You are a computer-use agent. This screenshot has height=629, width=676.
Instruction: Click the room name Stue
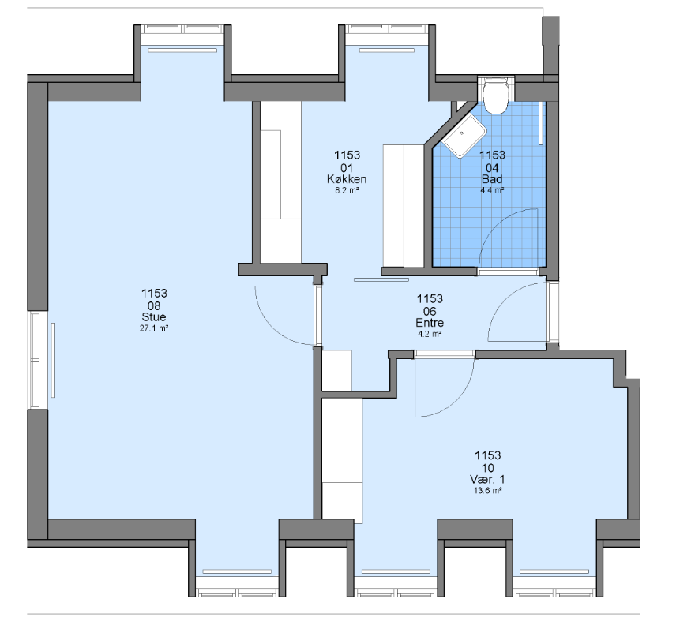pos(154,317)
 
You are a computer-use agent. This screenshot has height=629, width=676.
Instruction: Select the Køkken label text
pos(347,179)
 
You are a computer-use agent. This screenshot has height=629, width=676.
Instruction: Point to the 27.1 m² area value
pos(154,328)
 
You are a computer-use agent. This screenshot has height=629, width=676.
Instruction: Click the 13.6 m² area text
pos(487,491)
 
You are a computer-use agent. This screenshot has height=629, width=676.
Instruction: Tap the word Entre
pos(430,323)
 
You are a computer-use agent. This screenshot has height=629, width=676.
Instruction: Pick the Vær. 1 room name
pos(487,480)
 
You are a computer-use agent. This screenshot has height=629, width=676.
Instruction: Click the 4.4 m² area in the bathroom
pos(492,190)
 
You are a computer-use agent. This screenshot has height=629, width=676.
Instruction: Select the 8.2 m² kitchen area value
pos(347,190)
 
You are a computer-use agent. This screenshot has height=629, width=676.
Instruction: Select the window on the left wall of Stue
pos(36,360)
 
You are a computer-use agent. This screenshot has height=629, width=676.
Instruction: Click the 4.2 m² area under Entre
pos(430,334)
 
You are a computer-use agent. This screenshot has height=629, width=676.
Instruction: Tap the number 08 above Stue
pos(154,306)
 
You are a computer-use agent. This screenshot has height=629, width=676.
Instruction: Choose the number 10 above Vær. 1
pos(487,468)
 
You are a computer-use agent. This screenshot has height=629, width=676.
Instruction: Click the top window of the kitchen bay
pos(387,29)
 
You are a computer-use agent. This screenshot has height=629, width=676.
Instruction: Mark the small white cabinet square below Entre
pos(337,370)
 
